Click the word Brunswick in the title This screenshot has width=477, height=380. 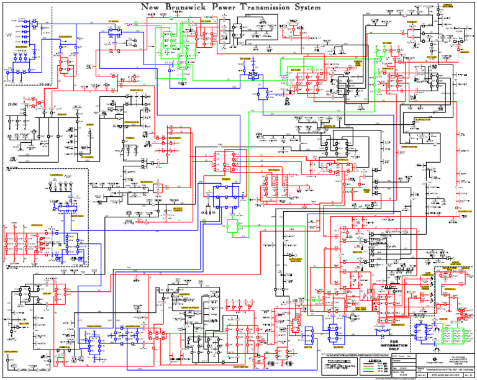(x=185, y=7)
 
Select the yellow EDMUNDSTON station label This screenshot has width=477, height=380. (x=65, y=37)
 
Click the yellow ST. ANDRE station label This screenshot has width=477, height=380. (x=114, y=20)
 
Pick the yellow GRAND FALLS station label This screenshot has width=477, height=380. (x=136, y=91)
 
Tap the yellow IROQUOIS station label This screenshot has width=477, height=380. (x=61, y=114)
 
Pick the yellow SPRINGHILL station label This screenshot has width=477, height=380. (x=433, y=289)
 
